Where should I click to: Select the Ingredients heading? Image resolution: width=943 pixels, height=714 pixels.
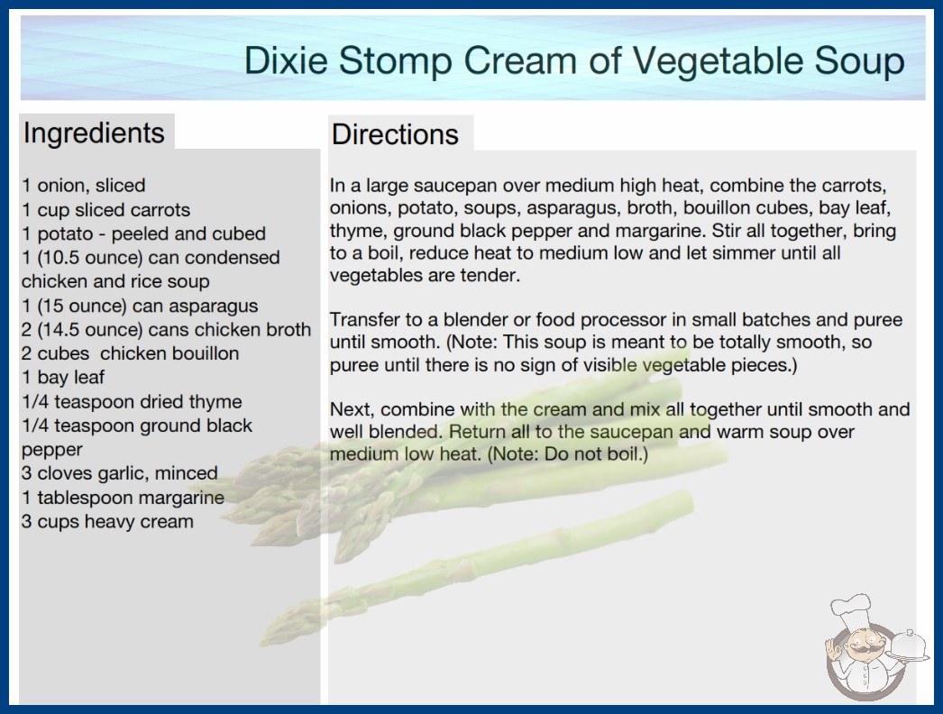tap(94, 133)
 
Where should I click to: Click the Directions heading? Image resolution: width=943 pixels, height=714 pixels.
tap(395, 134)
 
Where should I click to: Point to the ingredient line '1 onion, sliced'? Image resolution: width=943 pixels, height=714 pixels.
tap(84, 186)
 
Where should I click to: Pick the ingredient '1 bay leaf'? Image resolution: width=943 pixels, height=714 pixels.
tap(63, 377)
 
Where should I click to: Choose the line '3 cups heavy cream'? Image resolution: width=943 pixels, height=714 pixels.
tap(107, 521)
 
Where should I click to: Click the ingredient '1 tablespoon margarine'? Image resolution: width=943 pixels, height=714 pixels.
tap(123, 498)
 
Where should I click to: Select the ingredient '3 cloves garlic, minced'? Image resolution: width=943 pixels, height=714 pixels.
tap(120, 473)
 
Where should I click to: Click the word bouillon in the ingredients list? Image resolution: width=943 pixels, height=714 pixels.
tap(204, 353)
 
